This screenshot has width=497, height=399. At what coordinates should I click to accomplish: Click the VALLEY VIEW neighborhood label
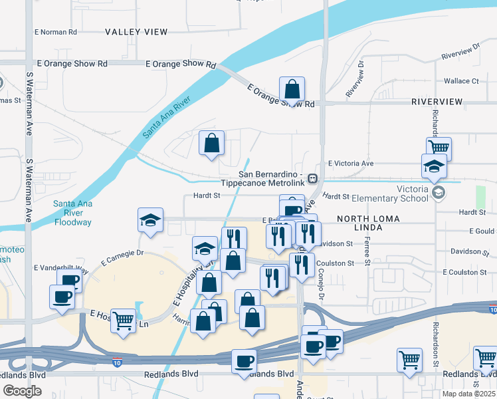[x=136, y=31]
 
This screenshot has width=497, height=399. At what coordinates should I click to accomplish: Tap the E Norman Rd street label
[x=56, y=31]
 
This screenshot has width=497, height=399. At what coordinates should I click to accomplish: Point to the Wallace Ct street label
[x=461, y=81]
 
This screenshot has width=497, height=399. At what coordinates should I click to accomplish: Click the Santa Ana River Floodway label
[x=72, y=213]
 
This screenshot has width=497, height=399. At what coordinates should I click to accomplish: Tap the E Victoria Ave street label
[x=351, y=163]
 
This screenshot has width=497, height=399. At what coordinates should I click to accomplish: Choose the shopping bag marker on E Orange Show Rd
[x=292, y=88]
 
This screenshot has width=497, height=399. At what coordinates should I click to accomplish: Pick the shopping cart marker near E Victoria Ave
[x=439, y=148]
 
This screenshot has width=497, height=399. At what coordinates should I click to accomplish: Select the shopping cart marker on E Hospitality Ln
[x=123, y=321]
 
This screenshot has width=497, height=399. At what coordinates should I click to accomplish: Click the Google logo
[x=22, y=391]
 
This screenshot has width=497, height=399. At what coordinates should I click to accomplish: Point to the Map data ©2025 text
[x=468, y=394]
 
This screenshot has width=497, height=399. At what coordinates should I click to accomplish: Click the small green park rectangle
[x=480, y=196]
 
